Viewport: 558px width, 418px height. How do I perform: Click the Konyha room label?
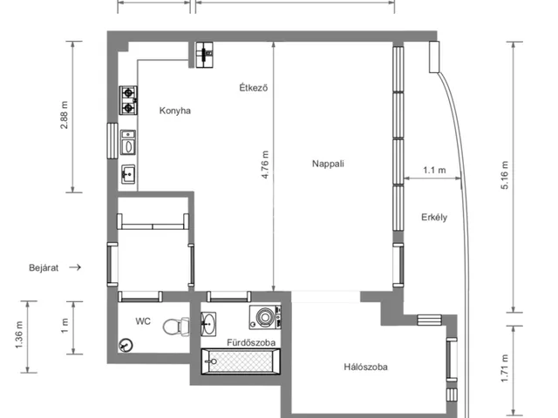[174, 111]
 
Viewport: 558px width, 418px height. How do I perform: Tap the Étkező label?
[254, 87]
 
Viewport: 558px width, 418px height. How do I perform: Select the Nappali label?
[328, 164]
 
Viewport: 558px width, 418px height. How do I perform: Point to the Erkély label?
[434, 217]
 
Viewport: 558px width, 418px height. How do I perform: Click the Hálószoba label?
[365, 367]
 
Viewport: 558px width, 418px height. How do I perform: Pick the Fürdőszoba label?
[251, 342]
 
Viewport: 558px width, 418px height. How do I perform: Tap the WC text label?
[143, 321]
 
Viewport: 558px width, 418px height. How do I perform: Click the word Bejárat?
[44, 267]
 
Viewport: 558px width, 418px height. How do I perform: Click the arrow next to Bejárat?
[75, 267]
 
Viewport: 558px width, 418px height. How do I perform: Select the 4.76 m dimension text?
[265, 165]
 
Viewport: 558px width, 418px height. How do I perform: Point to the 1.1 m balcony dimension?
[434, 171]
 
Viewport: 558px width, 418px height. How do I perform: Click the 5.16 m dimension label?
[505, 175]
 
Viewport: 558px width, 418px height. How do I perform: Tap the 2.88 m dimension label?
[64, 115]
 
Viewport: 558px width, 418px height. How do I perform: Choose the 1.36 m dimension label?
[19, 335]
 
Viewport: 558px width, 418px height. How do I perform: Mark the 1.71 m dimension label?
[505, 368]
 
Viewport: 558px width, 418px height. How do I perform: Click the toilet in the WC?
[176, 327]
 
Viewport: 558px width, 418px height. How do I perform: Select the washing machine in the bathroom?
[265, 317]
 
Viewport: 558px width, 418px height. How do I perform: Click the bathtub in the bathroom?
[241, 361]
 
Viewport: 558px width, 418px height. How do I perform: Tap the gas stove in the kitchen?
[128, 100]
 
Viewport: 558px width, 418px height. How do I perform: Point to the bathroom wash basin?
[208, 324]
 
